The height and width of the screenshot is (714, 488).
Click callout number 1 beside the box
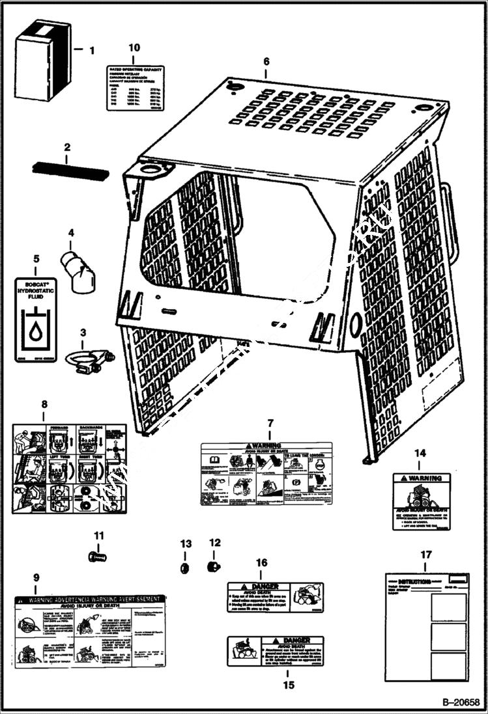pos(91,49)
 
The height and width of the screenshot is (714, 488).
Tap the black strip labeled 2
pos(70,172)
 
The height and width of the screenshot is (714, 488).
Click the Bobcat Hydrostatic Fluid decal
pos(36,319)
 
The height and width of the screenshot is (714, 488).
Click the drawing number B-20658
pos(460,702)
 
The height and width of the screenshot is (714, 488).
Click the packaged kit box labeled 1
pos(42,60)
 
